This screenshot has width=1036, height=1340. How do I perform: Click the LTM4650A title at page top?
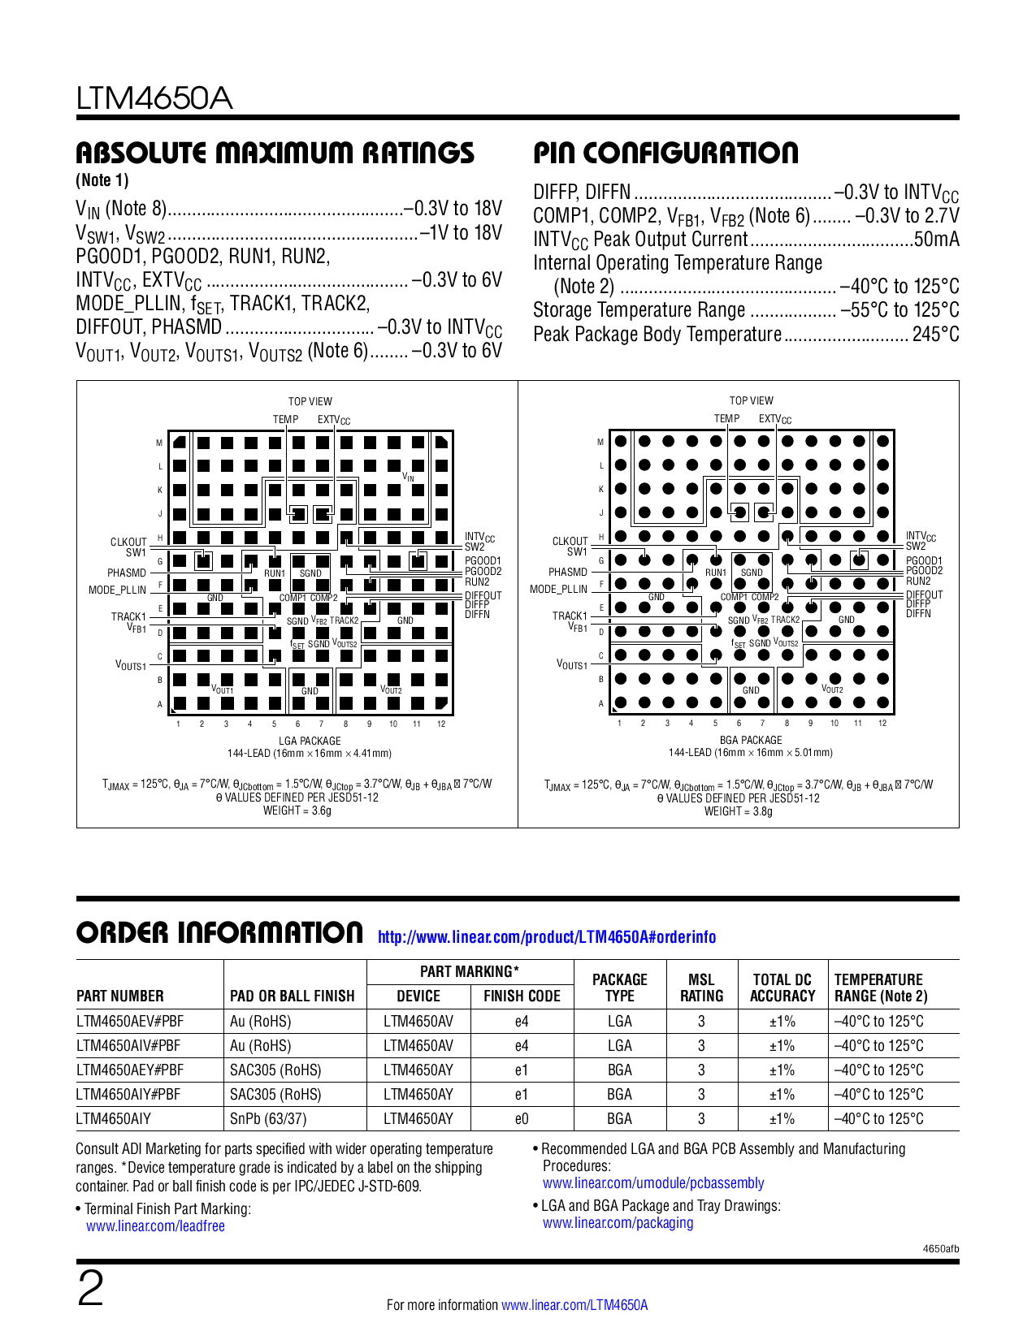(x=154, y=98)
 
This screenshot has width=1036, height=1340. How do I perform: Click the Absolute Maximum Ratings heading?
(x=275, y=153)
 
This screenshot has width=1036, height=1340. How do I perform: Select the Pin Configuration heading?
(x=665, y=153)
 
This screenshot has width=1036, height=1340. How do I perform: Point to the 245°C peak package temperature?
(x=935, y=335)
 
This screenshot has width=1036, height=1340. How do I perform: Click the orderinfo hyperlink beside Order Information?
(x=547, y=937)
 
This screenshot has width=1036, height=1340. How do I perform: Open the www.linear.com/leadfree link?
(x=155, y=1226)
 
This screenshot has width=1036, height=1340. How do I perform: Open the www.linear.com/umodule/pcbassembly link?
(x=653, y=1183)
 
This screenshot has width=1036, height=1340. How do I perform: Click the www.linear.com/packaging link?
(x=618, y=1223)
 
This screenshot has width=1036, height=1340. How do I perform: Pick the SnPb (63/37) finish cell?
(x=268, y=1119)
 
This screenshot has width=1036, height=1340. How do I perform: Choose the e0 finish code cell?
(x=522, y=1119)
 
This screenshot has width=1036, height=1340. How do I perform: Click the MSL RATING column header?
(x=701, y=988)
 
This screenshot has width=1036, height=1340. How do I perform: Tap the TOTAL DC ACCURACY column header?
(x=782, y=988)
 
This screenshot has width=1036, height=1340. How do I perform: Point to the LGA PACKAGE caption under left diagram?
(x=310, y=741)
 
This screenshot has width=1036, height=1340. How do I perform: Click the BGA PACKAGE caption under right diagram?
(x=751, y=740)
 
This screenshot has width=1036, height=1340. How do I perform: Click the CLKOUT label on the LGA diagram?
(x=128, y=542)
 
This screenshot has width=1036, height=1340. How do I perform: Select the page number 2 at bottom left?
(x=90, y=1289)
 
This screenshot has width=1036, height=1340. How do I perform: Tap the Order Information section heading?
(x=219, y=932)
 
